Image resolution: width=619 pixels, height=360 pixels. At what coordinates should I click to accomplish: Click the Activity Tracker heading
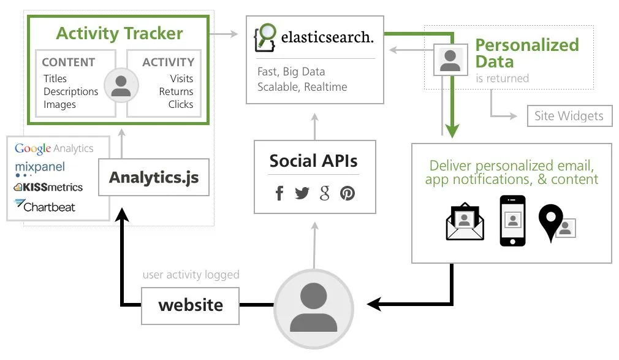pos(120,33)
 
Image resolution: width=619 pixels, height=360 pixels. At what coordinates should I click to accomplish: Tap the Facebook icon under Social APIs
pos(279,194)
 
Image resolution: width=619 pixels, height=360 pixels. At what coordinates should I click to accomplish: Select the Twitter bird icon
pos(302,194)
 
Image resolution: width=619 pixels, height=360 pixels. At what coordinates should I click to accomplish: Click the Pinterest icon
pos(347,194)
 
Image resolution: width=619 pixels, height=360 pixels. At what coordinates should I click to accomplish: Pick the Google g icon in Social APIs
pos(325,194)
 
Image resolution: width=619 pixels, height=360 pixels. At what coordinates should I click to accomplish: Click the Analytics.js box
pos(154,178)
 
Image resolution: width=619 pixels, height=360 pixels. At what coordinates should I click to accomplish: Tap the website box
pos(191,305)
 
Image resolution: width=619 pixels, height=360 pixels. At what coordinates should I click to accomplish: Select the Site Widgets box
pos(569,116)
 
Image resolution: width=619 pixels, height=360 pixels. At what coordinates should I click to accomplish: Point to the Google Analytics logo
pos(54,148)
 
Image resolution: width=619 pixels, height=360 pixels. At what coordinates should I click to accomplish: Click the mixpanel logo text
pos(40,167)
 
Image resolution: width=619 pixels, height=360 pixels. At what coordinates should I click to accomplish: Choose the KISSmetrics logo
pos(48,187)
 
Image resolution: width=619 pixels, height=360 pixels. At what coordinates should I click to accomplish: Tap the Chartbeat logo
pos(45,206)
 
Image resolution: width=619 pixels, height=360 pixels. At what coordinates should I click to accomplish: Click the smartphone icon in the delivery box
pos(512,221)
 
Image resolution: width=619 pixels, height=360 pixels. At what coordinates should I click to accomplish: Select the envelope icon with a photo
pos(465,222)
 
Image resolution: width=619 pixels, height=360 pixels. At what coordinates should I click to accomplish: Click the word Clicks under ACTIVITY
pos(180,104)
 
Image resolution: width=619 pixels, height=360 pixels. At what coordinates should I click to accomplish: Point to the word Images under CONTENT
pos(59,104)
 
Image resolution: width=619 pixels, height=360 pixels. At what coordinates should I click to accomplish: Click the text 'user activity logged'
pos(191,275)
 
